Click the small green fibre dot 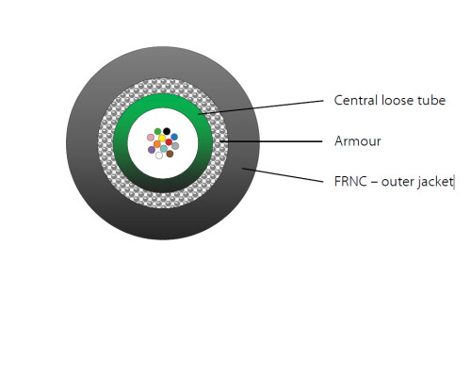(x=158, y=132)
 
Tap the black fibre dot (x=167, y=131)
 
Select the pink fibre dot (x=151, y=138)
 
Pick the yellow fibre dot (x=162, y=139)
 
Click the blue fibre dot (x=174, y=137)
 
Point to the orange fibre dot (x=157, y=144)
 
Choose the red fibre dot (x=169, y=142)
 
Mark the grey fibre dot (x=175, y=146)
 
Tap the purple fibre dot (x=152, y=150)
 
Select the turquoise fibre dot (x=164, y=148)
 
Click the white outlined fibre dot (x=159, y=156)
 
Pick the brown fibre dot (x=170, y=154)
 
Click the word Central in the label (x=356, y=101)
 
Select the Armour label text (x=358, y=141)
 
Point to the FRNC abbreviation (x=350, y=182)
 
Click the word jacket (x=438, y=182)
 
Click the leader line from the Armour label (x=271, y=141)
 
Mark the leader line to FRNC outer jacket (x=283, y=175)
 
